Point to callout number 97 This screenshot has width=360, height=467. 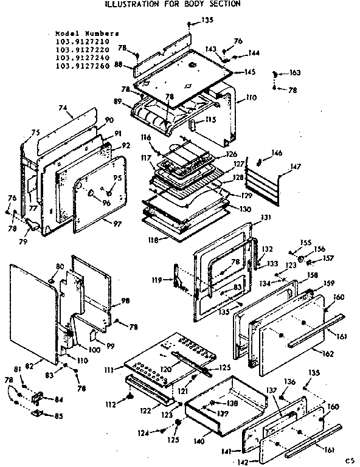pyautogui.click(x=117, y=224)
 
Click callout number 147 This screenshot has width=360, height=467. pyautogui.click(x=296, y=165)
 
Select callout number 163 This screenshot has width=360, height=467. pyautogui.click(x=295, y=72)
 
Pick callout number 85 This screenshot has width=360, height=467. pyautogui.click(x=58, y=416)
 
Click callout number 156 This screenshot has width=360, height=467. pyautogui.click(x=320, y=248)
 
